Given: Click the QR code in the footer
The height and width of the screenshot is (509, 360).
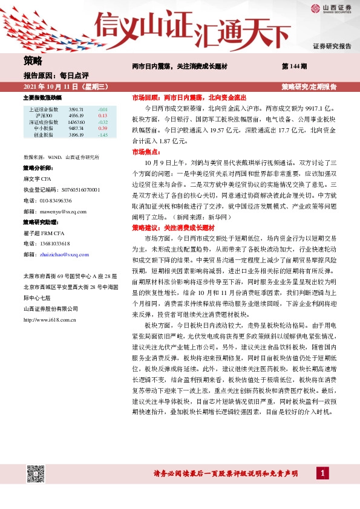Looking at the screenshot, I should tap(36, 473).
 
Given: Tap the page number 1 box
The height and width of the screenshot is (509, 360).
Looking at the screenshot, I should tap(324, 472).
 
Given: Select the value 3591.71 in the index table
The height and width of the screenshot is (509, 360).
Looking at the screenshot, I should tap(76, 109).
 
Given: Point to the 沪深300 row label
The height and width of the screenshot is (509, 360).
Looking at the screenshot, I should tap(44, 115).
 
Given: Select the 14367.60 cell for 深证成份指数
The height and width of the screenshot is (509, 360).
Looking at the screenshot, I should tap(76, 122).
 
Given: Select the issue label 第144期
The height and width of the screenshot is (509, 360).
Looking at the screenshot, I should tap(295, 65).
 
